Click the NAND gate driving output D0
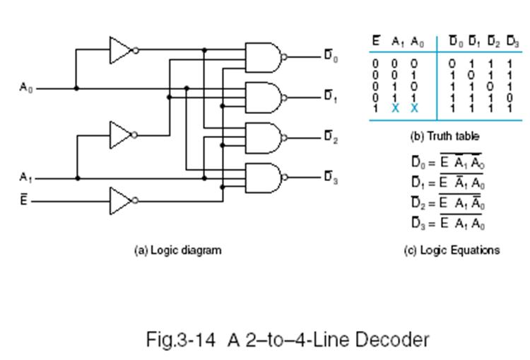coord(263,57)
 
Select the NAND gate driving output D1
coord(263,97)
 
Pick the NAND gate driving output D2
coord(263,137)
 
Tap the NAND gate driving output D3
coord(263,178)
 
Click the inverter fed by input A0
coord(121,50)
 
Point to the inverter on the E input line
coord(121,201)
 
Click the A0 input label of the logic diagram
coord(25,88)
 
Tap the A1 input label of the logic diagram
coord(25,177)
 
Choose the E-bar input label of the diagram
coord(23,200)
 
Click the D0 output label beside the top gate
coord(331,56)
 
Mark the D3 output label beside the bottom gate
coord(331,178)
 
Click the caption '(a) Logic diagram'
coord(177,250)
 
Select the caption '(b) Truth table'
coord(444,136)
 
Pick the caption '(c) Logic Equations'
coord(451,250)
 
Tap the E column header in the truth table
coord(377,42)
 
